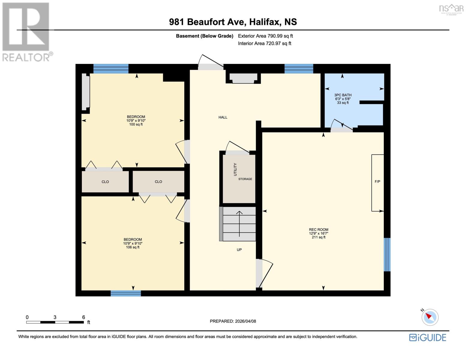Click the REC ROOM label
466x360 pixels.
pyautogui.click(x=318, y=229)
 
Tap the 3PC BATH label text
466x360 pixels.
pyautogui.click(x=343, y=95)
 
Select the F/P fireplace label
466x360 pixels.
pyautogui.click(x=377, y=181)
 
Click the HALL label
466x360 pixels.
pyautogui.click(x=223, y=117)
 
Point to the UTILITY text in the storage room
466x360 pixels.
pyautogui.click(x=235, y=169)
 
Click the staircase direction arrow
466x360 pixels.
pyautogui.click(x=239, y=223)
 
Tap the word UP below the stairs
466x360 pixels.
pyautogui.click(x=239, y=250)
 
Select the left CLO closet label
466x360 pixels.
pyautogui.click(x=105, y=182)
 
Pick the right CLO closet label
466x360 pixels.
pyautogui.click(x=158, y=182)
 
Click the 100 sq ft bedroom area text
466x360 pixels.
pyautogui.click(x=136, y=124)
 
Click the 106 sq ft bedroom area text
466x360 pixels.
pyautogui.click(x=133, y=247)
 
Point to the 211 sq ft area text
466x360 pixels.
pyautogui.click(x=318, y=237)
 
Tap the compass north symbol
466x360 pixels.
pyautogui.click(x=430, y=317)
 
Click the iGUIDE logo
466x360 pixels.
pyautogui.click(x=428, y=337)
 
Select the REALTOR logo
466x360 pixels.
pyautogui.click(x=26, y=31)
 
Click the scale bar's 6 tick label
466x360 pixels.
pyautogui.click(x=83, y=317)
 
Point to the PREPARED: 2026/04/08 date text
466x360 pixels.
pyautogui.click(x=233, y=321)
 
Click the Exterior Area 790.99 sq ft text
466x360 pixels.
pyautogui.click(x=265, y=36)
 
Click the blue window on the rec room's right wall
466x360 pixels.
pyautogui.click(x=387, y=254)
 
